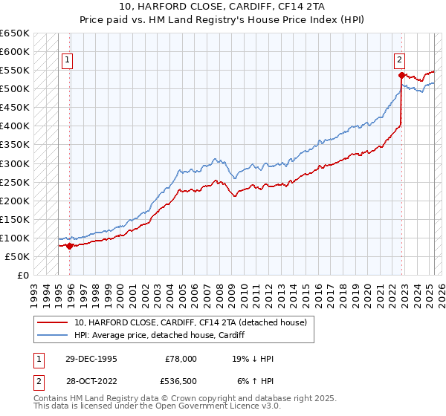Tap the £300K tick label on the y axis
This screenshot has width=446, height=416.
[15, 163]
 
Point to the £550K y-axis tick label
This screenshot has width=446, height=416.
[15, 71]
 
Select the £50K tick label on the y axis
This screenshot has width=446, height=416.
[18, 256]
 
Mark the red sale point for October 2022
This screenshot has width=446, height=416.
[401, 75]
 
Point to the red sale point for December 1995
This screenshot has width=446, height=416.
[69, 246]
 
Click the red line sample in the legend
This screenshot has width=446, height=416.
[53, 322]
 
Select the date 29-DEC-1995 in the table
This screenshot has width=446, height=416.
[90, 359]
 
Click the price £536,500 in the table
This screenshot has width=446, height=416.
[181, 382]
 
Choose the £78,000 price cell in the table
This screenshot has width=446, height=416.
[181, 359]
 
